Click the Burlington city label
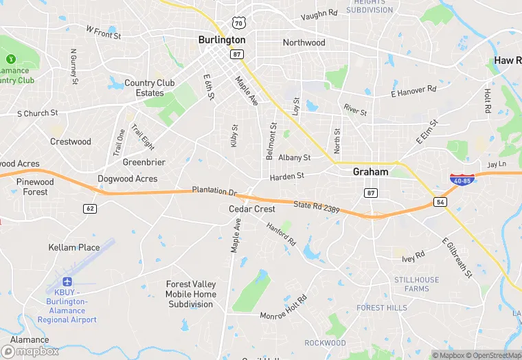pos(221,40)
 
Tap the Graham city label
pos(370,172)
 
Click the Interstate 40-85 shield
pos(462,180)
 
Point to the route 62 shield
pos(90,207)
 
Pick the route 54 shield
pos(440,202)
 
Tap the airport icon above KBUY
pos(67,282)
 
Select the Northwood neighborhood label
pos(304,43)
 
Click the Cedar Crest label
pos(251,209)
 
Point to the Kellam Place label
pos(73,247)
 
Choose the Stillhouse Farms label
pos(416,284)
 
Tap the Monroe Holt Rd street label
pos(284,309)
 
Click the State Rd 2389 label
pos(317,205)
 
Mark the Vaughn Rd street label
pos(319,14)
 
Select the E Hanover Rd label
pos(413,90)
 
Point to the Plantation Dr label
pos(214,190)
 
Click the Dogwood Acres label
pos(127,179)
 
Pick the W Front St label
pos(103,31)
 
